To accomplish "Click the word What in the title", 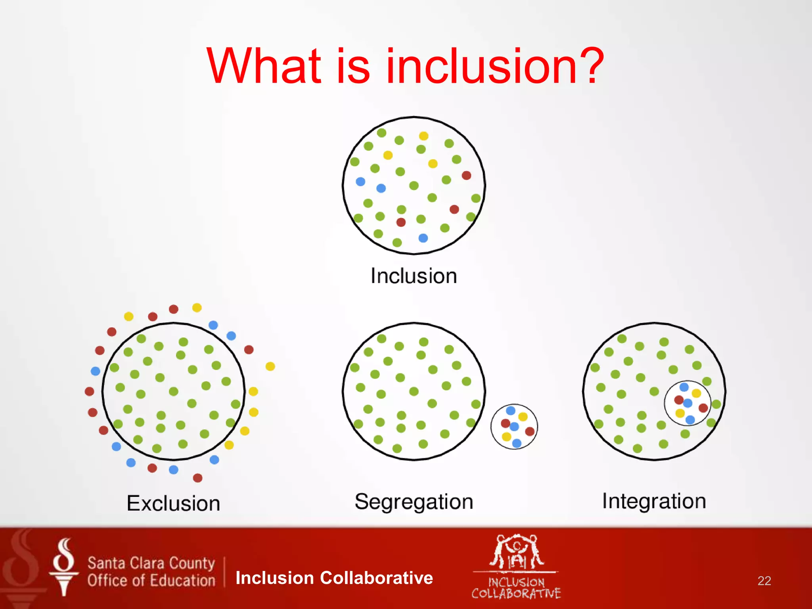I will coord(264,66).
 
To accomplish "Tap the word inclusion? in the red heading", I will coord(495,66).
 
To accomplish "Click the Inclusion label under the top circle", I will coord(414,276).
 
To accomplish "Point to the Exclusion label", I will coord(173,504).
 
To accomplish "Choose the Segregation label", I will coord(414,502).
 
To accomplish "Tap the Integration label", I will coord(654,501).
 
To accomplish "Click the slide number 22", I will coord(764,581).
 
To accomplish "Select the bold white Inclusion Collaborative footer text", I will coord(334,578).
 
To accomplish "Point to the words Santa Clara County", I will coord(151,563).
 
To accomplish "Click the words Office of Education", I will coord(151,581).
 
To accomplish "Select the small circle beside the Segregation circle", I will coord(514,427).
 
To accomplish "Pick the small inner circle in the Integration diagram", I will coord(688,403).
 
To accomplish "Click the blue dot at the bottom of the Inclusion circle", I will coord(423,238).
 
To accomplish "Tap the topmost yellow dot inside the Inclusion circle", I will coord(423,136).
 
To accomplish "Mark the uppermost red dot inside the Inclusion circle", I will coord(466,175).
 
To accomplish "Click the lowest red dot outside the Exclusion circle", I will coord(197,478).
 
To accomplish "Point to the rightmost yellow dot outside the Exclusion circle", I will coord(270,366).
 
